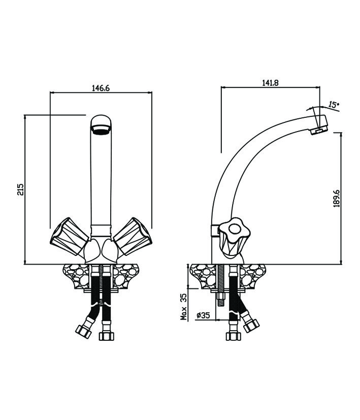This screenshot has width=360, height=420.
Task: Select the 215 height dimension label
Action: (20, 189)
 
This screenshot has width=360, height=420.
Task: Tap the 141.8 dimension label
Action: (270, 83)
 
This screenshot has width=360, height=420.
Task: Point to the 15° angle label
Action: (333, 105)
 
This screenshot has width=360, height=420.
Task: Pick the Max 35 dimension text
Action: (184, 305)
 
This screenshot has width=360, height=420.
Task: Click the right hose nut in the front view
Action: (107, 336)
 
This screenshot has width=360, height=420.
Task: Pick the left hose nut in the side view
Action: (233, 336)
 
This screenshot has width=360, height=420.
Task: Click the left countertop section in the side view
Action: (202, 277)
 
